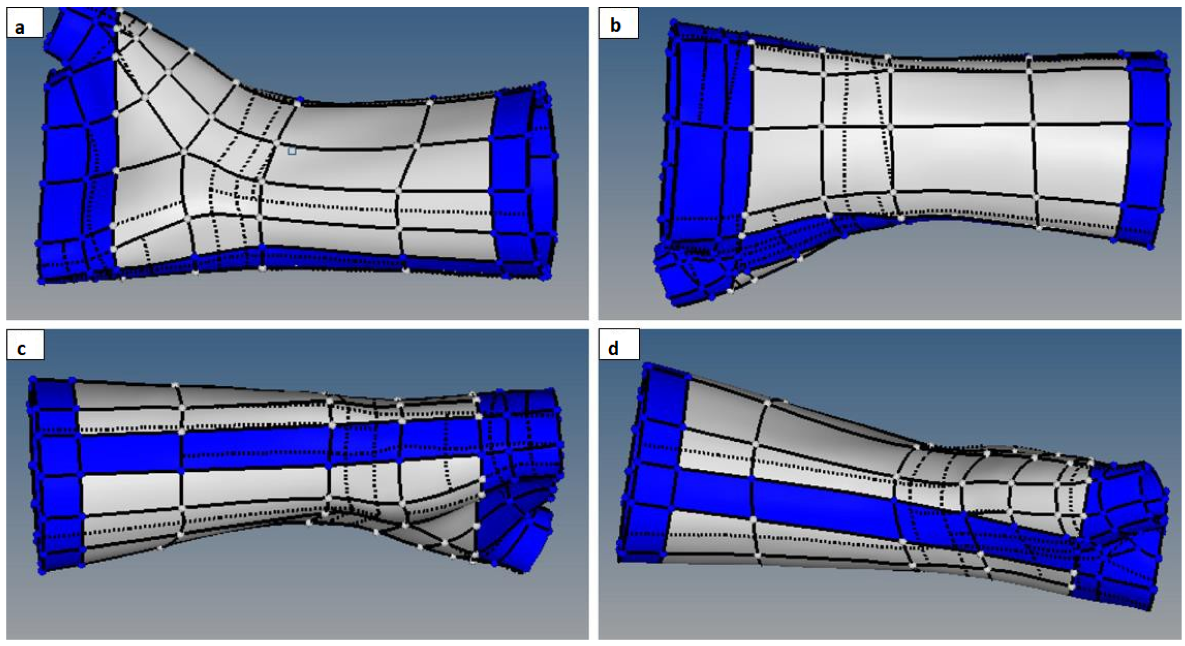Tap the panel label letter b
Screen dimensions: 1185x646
click(x=615, y=24)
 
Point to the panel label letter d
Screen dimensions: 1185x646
click(x=613, y=348)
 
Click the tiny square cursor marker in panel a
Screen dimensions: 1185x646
click(x=292, y=151)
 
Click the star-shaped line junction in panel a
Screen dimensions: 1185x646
click(x=184, y=152)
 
